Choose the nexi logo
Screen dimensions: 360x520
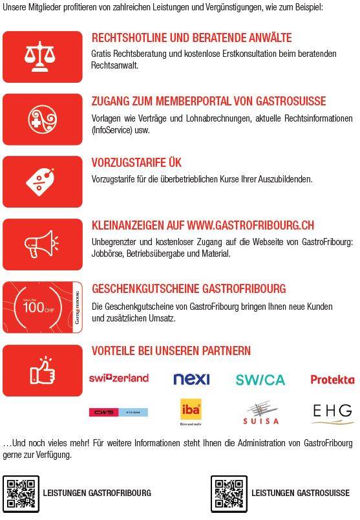coord(191,379)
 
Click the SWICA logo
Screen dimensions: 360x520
coord(260,380)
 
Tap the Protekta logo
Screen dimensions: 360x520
coord(332,380)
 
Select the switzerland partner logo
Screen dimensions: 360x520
coord(119,378)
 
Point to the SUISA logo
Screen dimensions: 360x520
coord(261,413)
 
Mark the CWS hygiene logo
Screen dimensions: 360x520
coord(118,412)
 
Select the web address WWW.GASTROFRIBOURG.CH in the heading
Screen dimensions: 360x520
coord(251,226)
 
